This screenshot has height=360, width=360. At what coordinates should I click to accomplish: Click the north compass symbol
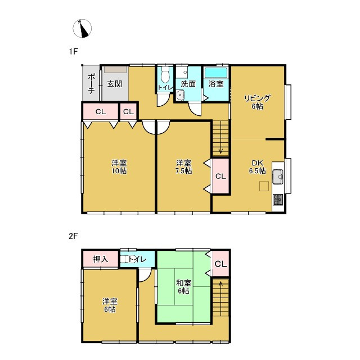[x=82, y=29]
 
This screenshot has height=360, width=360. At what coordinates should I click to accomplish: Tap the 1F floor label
[x=74, y=52]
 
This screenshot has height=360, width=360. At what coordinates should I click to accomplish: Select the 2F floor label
[x=74, y=236]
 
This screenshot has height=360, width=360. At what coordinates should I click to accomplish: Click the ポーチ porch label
[x=91, y=84]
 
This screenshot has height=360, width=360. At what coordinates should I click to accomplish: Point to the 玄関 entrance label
[x=115, y=84]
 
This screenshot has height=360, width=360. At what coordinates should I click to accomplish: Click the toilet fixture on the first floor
[x=165, y=74]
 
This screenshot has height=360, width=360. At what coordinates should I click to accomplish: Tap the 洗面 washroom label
[x=188, y=84]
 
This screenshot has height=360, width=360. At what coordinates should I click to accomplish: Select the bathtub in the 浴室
[x=216, y=73]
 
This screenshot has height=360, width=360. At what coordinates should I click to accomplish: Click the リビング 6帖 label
[x=257, y=102]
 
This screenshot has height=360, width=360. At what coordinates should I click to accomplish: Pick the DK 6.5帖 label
[x=258, y=167]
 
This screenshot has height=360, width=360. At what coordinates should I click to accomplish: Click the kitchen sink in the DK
[x=278, y=177]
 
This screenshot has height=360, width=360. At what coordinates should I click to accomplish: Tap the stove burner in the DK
[x=278, y=200]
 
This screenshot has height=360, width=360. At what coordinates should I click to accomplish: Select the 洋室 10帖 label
[x=119, y=167]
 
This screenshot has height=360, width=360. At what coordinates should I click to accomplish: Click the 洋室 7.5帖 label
[x=184, y=167]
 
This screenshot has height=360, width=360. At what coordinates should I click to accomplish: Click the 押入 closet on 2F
[x=101, y=259]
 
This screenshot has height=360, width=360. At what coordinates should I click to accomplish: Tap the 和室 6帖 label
[x=184, y=287]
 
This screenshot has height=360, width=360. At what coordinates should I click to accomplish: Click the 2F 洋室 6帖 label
[x=110, y=305]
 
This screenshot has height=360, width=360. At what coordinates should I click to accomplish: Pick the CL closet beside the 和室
[x=220, y=264]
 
